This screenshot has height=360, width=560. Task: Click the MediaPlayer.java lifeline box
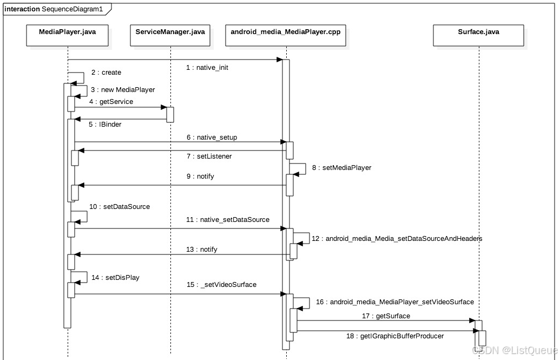(67, 32)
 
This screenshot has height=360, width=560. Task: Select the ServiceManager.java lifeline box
(170, 32)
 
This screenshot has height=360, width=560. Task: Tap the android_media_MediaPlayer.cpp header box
(285, 32)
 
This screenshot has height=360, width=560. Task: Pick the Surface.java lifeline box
(478, 32)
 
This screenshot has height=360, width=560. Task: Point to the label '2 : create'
(106, 73)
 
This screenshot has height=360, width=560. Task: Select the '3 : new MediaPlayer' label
(122, 90)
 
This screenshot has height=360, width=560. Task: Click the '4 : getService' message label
(111, 101)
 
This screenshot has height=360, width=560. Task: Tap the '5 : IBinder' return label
(105, 125)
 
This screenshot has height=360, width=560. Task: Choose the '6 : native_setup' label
(212, 138)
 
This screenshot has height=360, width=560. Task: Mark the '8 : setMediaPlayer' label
(341, 168)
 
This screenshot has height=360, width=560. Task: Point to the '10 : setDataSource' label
(120, 207)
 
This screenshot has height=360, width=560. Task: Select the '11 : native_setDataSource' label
(227, 220)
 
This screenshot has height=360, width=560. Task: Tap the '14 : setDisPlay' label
(115, 278)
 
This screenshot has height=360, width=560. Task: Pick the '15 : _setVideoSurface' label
(221, 285)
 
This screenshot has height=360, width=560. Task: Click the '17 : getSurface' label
(386, 316)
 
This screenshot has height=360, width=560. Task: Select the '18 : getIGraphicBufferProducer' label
(395, 336)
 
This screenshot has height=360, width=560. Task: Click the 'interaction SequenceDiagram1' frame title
(54, 9)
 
